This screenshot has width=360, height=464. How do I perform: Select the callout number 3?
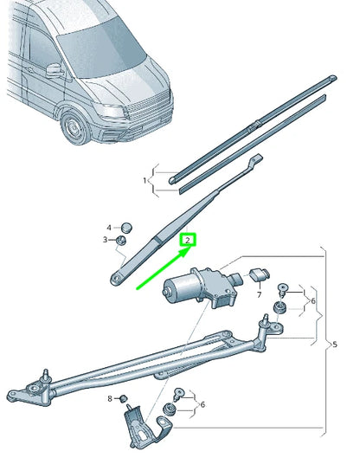pyautogui.click(x=106, y=240)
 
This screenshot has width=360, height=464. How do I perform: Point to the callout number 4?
pyautogui.click(x=109, y=225)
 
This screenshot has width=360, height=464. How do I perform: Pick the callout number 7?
pyautogui.click(x=258, y=294)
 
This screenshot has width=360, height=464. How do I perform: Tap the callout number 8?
pyautogui.click(x=110, y=398)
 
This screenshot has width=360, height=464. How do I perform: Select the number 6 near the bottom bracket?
pyautogui.click(x=202, y=404)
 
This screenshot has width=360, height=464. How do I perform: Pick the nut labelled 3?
pyautogui.click(x=123, y=240)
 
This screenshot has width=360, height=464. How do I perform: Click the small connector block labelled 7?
pyautogui.click(x=258, y=276)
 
